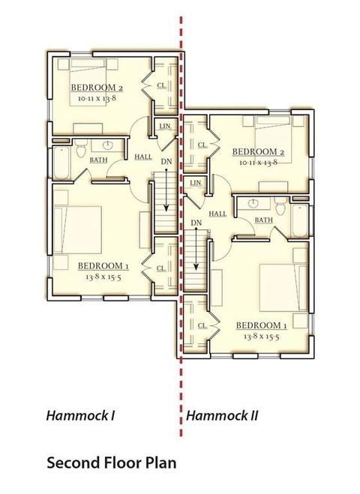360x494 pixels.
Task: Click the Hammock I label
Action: point(80,415)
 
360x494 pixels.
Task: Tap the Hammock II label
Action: point(222,415)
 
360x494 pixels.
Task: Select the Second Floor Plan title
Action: point(112,463)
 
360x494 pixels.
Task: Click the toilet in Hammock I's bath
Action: point(81,149)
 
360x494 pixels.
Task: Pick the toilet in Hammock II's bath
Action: point(279,205)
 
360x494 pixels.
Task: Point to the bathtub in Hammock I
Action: point(61,163)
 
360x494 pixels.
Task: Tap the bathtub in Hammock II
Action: point(300,221)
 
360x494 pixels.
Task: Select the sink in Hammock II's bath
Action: point(253,203)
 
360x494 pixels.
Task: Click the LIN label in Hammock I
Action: point(165,127)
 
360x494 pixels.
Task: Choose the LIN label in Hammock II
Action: point(196,183)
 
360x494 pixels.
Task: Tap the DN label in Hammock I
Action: point(166,162)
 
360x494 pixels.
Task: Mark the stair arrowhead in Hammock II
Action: point(196,267)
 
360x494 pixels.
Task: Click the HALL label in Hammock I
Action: point(143,157)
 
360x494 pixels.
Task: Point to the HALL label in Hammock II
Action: point(217,214)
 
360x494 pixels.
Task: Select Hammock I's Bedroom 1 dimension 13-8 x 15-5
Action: point(103,277)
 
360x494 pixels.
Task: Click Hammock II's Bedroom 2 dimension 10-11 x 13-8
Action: point(258,163)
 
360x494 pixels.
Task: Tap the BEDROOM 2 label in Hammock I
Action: point(97,88)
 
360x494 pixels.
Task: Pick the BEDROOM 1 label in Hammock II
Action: point(261,325)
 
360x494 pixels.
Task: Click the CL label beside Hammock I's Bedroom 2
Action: point(162,85)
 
